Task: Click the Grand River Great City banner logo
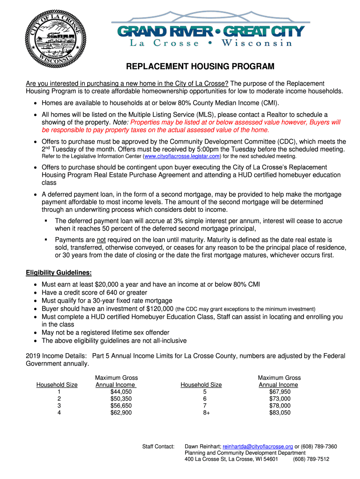210,33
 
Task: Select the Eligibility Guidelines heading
58,273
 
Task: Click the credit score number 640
108,292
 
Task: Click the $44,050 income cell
121,392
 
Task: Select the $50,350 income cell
121,399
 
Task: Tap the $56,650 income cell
121,406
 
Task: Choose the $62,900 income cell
121,413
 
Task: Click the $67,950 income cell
280,392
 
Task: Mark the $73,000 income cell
280,399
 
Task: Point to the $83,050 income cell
280,413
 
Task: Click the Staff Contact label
158,446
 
